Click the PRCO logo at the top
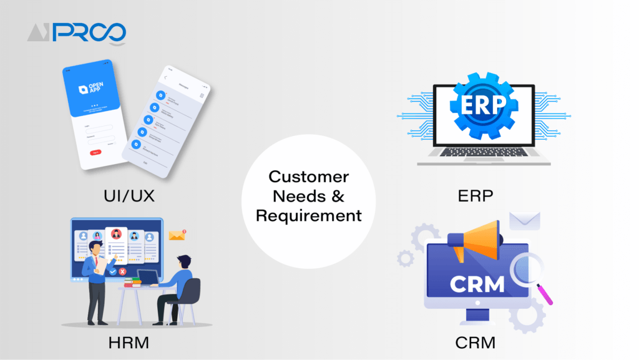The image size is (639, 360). tap(76, 32)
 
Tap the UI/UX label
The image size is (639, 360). tap(129, 195)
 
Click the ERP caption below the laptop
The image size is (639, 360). tap(475, 195)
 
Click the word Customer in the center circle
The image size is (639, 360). tap(309, 177)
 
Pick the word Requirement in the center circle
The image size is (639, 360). tap(309, 216)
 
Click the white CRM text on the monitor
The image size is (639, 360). tap(478, 285)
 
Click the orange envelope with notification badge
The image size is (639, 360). tap(177, 235)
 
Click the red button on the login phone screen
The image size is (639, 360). tap(95, 152)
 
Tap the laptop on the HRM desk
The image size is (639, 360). tap(147, 277)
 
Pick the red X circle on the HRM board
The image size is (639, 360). tap(122, 271)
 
